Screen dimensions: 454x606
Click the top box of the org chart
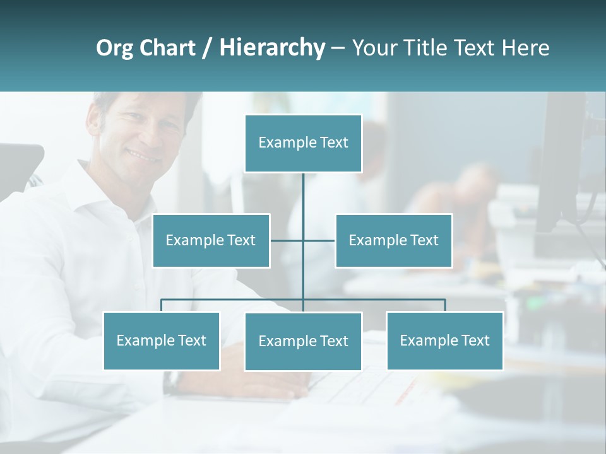pos(303,143)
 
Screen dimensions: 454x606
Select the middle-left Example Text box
pos(211,240)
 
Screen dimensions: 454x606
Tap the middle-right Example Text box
pos(393,240)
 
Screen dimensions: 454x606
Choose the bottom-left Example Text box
pos(161,340)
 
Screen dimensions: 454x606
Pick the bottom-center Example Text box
pos(303,341)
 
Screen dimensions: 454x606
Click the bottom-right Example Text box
pos(444,340)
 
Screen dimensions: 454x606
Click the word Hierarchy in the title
pos(272,47)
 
